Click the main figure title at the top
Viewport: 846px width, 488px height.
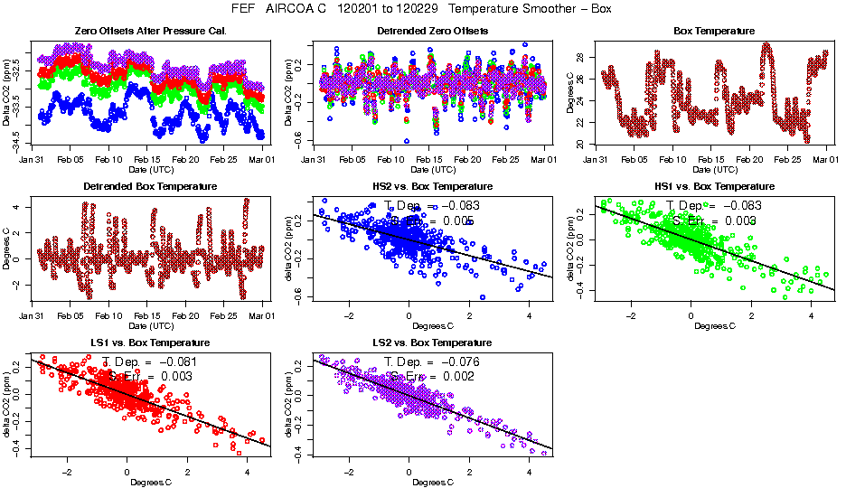(x=423, y=9)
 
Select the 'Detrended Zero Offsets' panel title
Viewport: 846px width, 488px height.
(x=432, y=31)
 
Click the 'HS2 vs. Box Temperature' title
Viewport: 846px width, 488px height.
(x=432, y=187)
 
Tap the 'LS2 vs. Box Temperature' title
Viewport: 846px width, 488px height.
(x=432, y=343)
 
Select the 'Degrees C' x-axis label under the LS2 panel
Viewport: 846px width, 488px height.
(x=432, y=482)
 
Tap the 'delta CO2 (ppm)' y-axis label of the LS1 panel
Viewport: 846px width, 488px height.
(x=8, y=404)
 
